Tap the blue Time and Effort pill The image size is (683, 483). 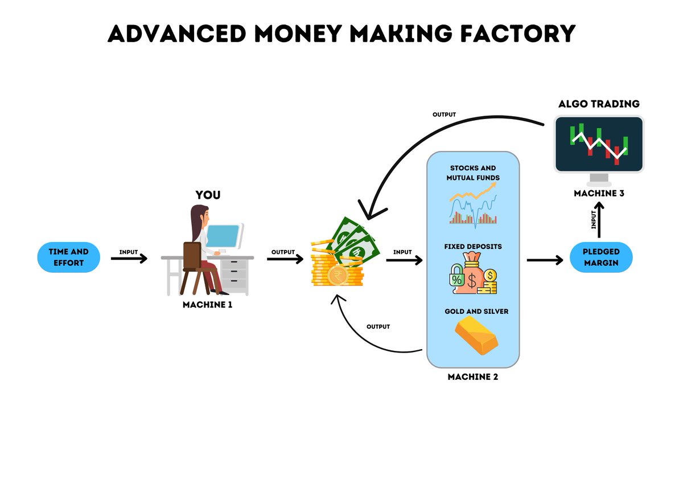pyautogui.click(x=69, y=257)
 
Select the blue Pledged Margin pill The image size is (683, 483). pyautogui.click(x=602, y=257)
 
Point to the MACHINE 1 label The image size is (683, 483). pyautogui.click(x=207, y=305)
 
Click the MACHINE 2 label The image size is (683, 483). pyautogui.click(x=472, y=376)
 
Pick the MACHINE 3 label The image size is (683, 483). pyautogui.click(x=599, y=193)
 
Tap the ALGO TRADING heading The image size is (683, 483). pyautogui.click(x=599, y=104)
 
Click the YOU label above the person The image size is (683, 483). pyautogui.click(x=208, y=195)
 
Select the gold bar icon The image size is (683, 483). pyautogui.click(x=476, y=336)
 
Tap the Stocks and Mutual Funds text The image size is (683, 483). pyautogui.click(x=472, y=173)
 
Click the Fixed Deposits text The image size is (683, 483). pyautogui.click(x=472, y=247)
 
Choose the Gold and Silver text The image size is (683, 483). pyautogui.click(x=476, y=312)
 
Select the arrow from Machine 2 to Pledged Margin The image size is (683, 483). pyautogui.click(x=545, y=260)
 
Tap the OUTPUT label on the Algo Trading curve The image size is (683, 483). pyautogui.click(x=444, y=114)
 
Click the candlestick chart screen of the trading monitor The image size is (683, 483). pyautogui.click(x=599, y=144)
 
